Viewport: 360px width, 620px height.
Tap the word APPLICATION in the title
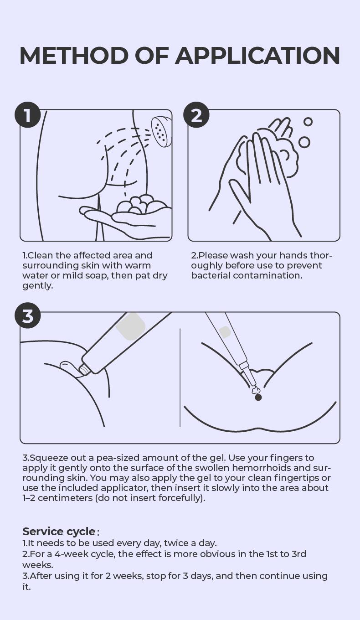(257, 56)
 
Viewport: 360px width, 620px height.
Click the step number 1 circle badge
(28, 115)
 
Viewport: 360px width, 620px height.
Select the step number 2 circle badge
(196, 115)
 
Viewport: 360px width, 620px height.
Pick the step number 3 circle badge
(28, 316)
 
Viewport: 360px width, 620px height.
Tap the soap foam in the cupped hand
(142, 204)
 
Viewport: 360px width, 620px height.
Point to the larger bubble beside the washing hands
(304, 142)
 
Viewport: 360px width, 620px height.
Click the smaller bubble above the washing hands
(308, 122)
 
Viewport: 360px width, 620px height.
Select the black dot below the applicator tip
(258, 398)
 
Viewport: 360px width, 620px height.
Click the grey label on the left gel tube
(131, 326)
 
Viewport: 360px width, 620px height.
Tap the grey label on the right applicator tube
(225, 332)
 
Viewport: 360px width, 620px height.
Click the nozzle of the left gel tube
(84, 370)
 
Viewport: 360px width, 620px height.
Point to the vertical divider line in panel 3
(180, 377)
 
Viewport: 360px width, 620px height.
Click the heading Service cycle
(59, 532)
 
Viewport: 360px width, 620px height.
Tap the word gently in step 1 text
(38, 286)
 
